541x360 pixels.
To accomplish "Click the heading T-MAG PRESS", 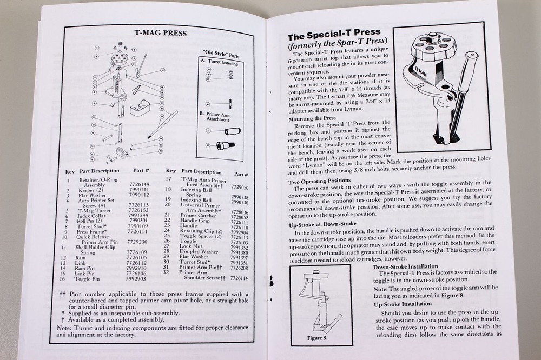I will click(x=160, y=33).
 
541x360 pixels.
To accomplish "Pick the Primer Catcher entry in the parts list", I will click(x=198, y=215).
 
